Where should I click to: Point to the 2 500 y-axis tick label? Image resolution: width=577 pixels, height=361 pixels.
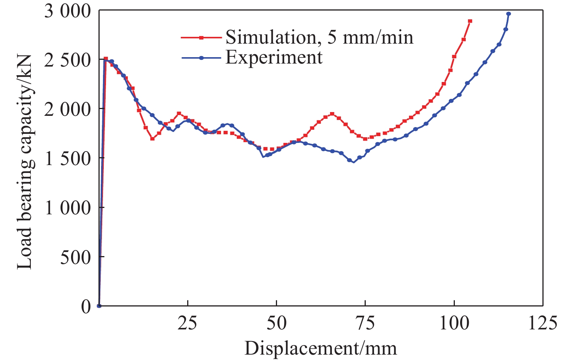68,60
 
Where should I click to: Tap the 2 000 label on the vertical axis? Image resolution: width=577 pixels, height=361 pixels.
68,109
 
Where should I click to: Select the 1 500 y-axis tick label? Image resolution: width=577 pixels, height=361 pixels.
68,159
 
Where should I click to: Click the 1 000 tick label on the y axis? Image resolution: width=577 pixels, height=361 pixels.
68,208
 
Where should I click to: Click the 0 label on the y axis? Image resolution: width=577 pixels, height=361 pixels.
86,306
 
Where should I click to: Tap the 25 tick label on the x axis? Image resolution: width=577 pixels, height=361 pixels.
187,324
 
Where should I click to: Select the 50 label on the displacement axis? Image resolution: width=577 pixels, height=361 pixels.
276,324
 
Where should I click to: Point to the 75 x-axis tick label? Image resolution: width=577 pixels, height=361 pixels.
365,324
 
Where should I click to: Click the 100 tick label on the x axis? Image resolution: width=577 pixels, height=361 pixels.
454,324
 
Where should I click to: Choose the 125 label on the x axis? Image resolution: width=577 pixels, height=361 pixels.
542,324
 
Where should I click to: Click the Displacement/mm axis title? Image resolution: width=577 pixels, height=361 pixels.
321,348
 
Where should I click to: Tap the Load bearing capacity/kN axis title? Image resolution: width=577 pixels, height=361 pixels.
25,162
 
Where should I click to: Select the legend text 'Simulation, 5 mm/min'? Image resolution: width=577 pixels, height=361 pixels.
319,37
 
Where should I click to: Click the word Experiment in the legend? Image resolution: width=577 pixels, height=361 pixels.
274,58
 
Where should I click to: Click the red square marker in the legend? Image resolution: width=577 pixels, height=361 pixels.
201,38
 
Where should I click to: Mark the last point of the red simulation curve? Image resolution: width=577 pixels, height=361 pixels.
470,21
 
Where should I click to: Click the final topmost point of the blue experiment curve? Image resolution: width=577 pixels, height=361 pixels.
509,14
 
